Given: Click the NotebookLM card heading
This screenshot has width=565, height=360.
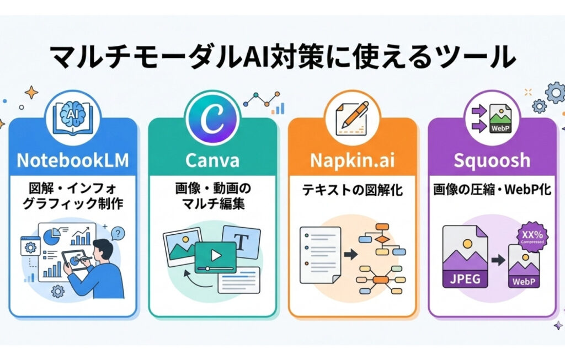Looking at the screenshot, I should [x=72, y=160].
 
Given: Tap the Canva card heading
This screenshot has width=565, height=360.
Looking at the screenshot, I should [x=212, y=160].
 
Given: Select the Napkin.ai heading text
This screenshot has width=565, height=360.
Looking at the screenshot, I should [x=352, y=160].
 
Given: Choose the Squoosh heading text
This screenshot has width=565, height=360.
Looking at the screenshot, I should [x=492, y=160].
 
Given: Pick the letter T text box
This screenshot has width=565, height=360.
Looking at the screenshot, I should [x=241, y=241].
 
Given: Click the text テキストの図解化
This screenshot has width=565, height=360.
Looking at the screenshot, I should [x=352, y=191].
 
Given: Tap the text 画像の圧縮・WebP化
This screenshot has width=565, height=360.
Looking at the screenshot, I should [x=492, y=191].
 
